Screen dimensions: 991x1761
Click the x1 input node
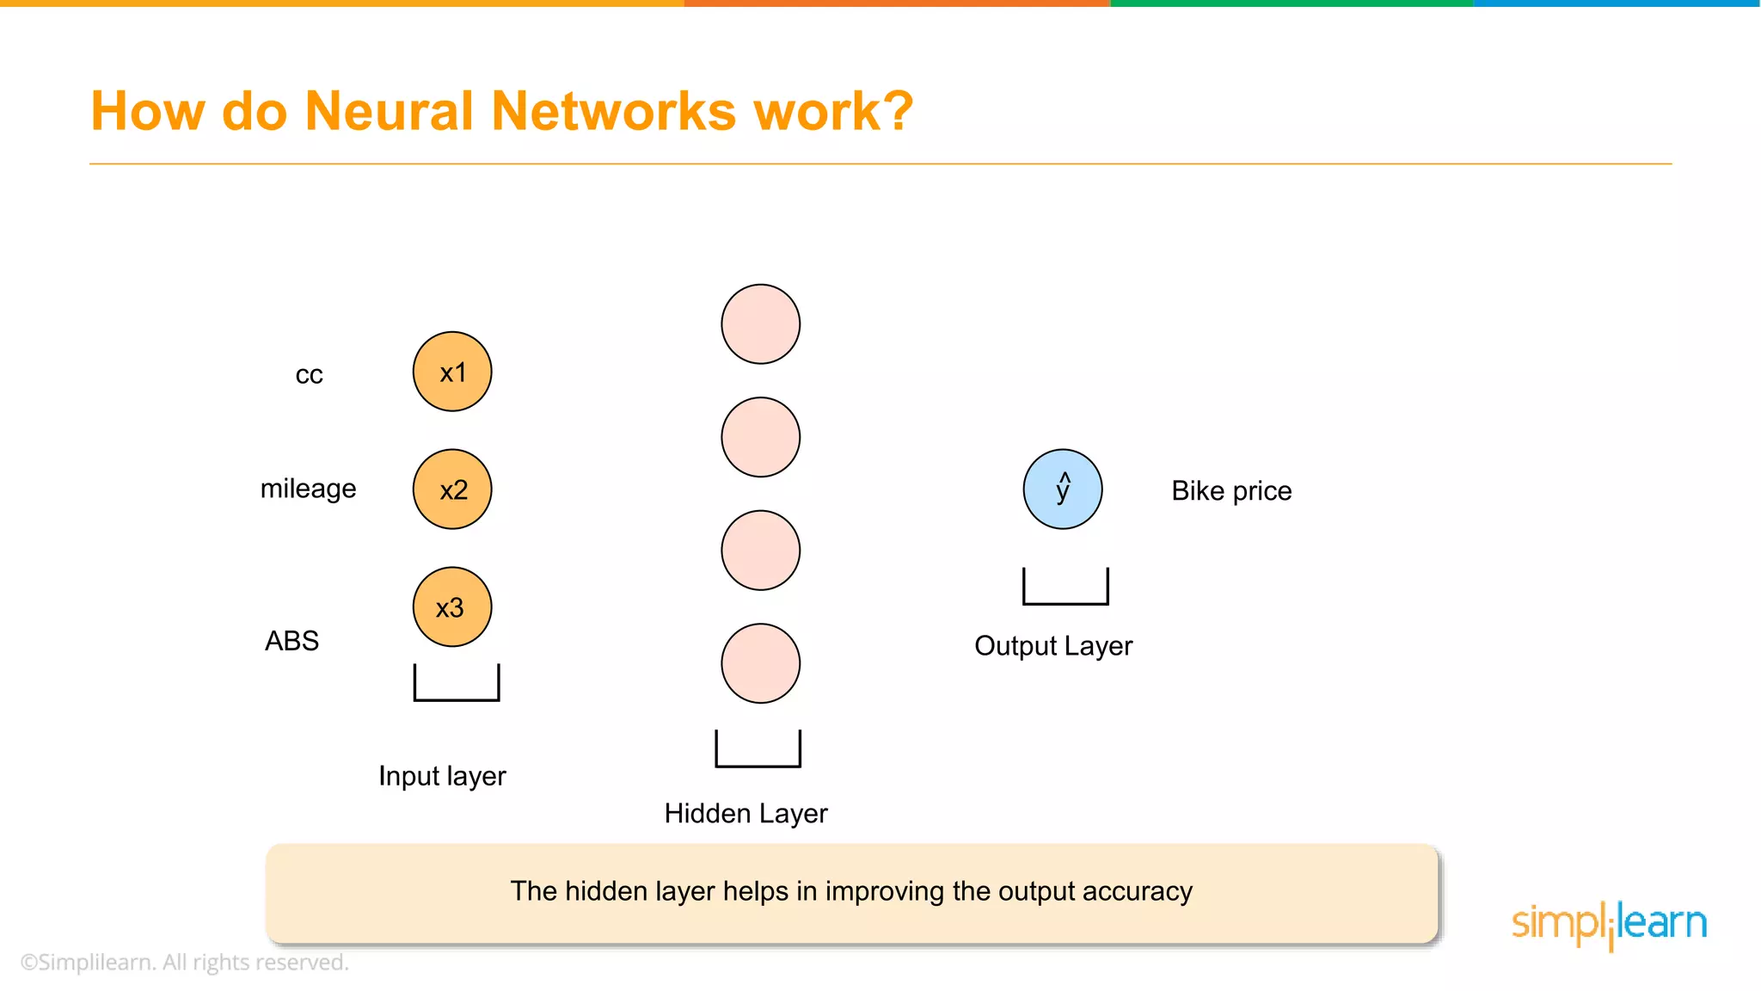click(x=452, y=372)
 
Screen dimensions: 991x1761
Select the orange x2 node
click(x=452, y=489)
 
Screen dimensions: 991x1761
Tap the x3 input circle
click(x=452, y=607)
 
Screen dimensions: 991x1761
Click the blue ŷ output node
click(x=1063, y=489)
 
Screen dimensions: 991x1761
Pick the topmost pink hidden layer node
click(x=761, y=324)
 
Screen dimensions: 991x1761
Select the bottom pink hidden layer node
click(x=761, y=663)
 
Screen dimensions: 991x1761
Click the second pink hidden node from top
click(x=761, y=437)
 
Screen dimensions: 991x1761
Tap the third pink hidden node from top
click(x=761, y=551)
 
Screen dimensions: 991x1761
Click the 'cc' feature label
click(x=309, y=375)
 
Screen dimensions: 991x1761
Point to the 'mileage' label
click(x=308, y=489)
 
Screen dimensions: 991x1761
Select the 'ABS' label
click(x=291, y=641)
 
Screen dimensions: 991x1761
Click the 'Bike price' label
click(x=1231, y=491)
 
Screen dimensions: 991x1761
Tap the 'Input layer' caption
click(x=442, y=776)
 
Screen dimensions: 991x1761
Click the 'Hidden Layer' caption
click(x=746, y=814)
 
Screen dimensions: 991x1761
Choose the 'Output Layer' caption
click(x=1053, y=646)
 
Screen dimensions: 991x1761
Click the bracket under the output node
click(x=1065, y=593)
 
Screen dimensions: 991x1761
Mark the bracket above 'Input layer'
click(x=457, y=689)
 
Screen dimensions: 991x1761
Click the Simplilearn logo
click(x=1609, y=924)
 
